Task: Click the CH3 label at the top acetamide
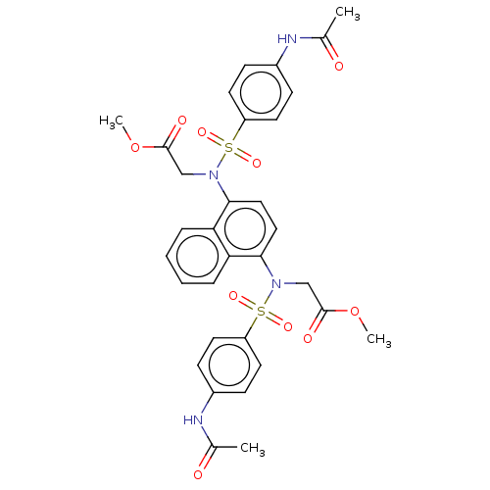348,14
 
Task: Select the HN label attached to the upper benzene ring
287,39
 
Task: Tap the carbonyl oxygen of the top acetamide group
339,66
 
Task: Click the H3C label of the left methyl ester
112,122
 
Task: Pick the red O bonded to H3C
135,148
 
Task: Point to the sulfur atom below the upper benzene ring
229,148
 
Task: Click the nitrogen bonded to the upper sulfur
214,174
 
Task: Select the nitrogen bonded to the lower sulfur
276,283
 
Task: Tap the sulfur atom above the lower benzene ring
261,311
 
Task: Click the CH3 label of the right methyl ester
379,339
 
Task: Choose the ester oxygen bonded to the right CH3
355,311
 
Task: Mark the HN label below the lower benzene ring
193,420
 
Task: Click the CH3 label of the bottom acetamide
253,448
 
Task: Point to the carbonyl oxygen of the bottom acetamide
198,474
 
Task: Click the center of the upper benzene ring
261,92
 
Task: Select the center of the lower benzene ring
229,366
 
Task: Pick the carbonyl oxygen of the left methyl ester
182,121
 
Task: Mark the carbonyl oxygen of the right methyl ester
308,338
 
